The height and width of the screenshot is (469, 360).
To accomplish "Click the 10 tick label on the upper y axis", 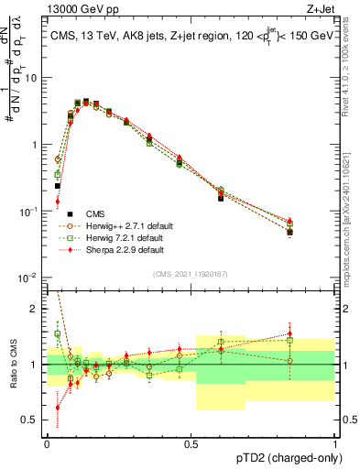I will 33,78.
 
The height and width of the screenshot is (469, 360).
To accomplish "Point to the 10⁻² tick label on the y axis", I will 29,278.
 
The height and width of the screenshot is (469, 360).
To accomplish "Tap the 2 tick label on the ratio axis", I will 36,309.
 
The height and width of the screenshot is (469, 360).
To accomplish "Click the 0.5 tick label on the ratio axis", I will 31,420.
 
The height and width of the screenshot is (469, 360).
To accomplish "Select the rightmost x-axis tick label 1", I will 334,442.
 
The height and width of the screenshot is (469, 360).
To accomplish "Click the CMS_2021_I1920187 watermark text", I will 191,275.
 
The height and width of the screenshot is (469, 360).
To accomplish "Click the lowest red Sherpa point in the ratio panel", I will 58,408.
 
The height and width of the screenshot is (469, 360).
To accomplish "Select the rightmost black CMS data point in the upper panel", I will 315,232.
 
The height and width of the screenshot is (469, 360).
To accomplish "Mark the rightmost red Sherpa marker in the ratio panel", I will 315,334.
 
